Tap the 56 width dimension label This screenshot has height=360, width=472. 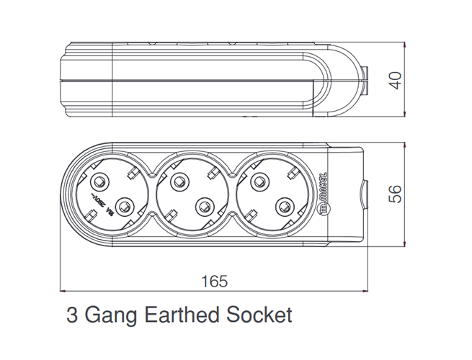(394, 193)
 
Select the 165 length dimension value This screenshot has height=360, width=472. (213, 281)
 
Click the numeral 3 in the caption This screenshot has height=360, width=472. (71, 315)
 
